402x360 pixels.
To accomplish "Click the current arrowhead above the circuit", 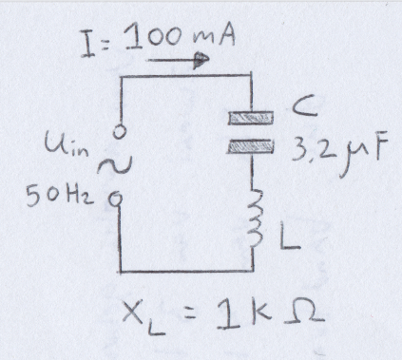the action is point(201,60).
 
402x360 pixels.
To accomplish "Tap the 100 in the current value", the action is point(153,38).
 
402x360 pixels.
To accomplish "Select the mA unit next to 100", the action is point(213,36).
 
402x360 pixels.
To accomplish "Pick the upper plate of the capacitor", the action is point(251,118).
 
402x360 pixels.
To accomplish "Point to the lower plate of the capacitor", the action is point(250,146).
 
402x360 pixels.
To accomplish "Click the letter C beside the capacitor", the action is point(305,106).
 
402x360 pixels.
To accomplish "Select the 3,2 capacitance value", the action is point(312,148).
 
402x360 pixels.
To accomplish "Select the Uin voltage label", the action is point(66,143).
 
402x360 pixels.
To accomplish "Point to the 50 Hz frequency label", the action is point(60,196).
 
